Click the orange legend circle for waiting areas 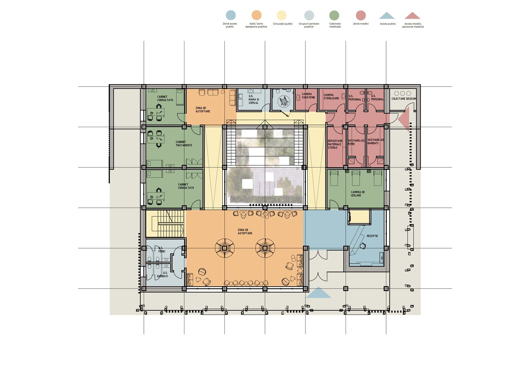[x=256, y=15]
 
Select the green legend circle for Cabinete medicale [x=334, y=15]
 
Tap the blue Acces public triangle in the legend [x=387, y=15]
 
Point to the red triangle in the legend [x=412, y=15]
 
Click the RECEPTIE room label [x=372, y=236]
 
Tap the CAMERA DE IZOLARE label [x=358, y=194]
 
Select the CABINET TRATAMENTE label [x=184, y=144]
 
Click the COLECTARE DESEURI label [x=404, y=99]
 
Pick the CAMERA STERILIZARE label [x=331, y=97]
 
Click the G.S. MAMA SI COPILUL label [x=254, y=99]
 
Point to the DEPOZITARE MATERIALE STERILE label [x=335, y=144]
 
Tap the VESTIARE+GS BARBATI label [x=375, y=142]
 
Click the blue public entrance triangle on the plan [x=318, y=292]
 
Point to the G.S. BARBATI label [x=162, y=274]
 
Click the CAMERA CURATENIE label [x=308, y=96]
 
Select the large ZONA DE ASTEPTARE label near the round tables [x=245, y=232]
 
